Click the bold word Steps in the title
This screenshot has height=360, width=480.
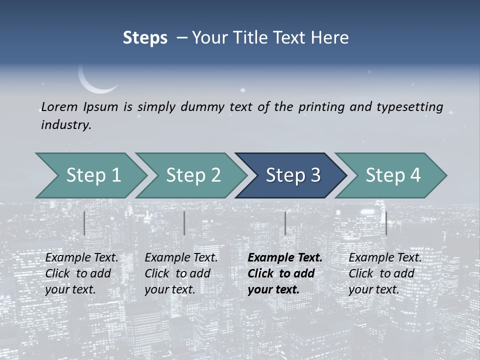tap(145, 38)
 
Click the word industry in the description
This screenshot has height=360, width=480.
tap(66, 125)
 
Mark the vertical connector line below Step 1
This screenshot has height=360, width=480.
tap(84, 223)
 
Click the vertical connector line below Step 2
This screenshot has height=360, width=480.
tap(184, 223)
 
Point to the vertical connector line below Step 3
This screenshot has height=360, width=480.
tap(285, 223)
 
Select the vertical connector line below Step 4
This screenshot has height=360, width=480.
tap(386, 223)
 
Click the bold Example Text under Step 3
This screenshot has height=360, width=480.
tap(285, 257)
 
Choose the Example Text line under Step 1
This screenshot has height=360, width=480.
tap(82, 257)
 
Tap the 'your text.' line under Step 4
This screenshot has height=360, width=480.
tap(373, 289)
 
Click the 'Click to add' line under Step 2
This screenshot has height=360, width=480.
tap(177, 273)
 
